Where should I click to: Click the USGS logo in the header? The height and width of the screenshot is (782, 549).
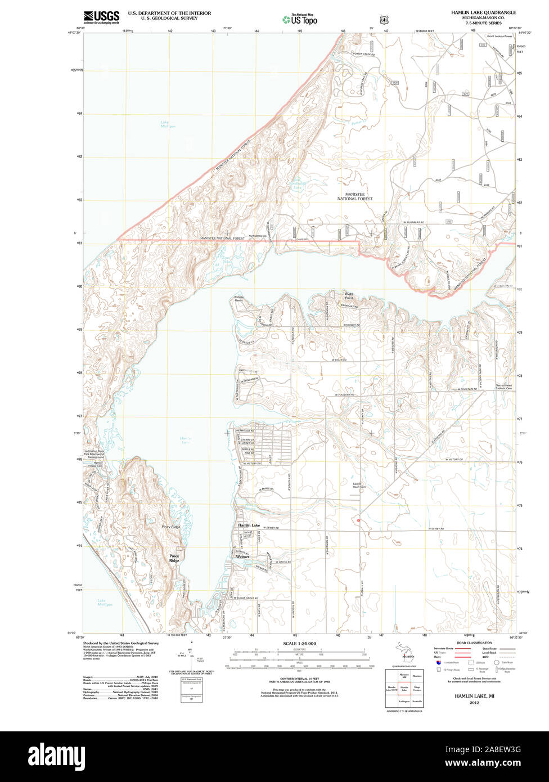pos(101,17)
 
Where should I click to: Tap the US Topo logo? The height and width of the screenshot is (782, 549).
pos(300,19)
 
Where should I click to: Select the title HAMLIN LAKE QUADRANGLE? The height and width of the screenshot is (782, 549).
pos(483,12)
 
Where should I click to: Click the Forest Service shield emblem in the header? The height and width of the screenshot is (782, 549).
pos(384,20)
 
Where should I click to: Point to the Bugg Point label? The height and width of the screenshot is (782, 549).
pos(348,296)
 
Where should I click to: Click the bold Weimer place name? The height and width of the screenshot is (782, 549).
pos(242,557)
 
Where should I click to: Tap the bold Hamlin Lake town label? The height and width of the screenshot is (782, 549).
pos(249,525)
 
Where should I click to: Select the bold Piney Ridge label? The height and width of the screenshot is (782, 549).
pos(174,558)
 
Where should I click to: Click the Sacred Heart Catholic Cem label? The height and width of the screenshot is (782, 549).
pos(504,386)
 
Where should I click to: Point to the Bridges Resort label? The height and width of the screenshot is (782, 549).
pos(238,299)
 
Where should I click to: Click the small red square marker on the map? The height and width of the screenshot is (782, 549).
pos(358,520)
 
